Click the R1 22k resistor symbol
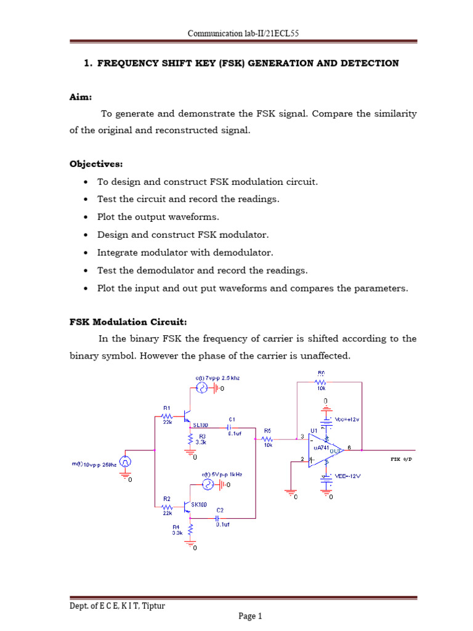[x=168, y=417]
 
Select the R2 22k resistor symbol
[x=168, y=507]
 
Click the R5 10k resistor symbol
[x=268, y=439]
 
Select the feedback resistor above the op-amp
[x=321, y=382]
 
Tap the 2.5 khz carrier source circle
[x=201, y=388]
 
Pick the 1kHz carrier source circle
[x=209, y=485]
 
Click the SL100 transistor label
[x=201, y=425]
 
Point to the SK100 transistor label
[x=198, y=504]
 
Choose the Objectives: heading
[x=96, y=164]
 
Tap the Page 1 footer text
[x=251, y=616]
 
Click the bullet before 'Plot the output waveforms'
[x=84, y=218]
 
